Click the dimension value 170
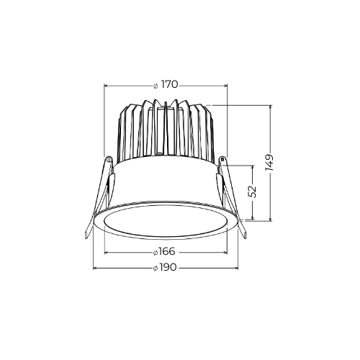[169, 85]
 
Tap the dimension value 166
[167, 252]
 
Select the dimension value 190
[168, 267]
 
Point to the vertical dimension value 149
[269, 163]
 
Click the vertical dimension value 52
[253, 192]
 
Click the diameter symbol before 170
[156, 86]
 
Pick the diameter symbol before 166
[156, 253]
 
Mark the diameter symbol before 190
[156, 269]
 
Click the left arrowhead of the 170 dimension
[106, 85]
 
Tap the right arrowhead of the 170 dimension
[225, 85]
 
